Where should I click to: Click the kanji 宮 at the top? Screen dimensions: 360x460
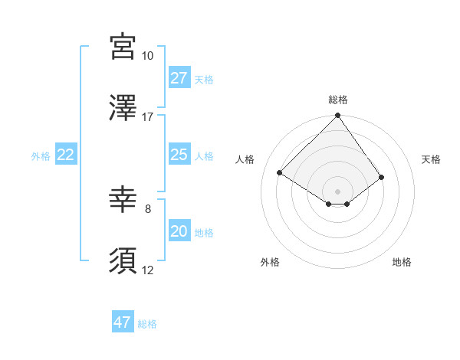(x=123, y=47)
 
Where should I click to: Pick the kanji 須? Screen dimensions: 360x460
(x=123, y=260)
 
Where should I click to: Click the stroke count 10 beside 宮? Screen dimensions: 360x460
(x=147, y=56)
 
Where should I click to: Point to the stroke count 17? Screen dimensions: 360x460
(x=147, y=116)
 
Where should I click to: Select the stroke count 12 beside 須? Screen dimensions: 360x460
(x=147, y=269)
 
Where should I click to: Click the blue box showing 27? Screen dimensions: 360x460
(x=179, y=77)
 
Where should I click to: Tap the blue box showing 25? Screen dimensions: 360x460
(x=179, y=155)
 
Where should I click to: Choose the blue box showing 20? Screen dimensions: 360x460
(x=179, y=231)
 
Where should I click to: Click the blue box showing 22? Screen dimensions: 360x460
(x=66, y=155)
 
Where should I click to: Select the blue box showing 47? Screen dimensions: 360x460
(x=123, y=322)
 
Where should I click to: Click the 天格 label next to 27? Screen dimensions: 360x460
(x=204, y=79)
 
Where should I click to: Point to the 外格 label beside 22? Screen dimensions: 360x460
(x=41, y=156)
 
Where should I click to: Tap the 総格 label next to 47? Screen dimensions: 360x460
(x=147, y=324)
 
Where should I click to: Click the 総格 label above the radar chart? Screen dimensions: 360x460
(x=338, y=100)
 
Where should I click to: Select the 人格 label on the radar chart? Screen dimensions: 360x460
(x=245, y=159)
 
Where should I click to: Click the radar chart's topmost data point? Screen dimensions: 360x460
(x=337, y=116)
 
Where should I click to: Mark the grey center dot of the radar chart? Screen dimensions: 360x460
(x=337, y=191)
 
